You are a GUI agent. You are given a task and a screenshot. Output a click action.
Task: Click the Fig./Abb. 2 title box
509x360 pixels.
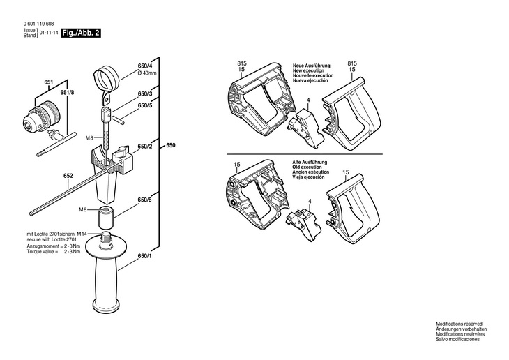[80, 33]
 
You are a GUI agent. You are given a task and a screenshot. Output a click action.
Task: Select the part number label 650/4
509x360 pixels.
[145, 67]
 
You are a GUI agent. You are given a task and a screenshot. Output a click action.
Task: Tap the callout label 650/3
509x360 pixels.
[145, 93]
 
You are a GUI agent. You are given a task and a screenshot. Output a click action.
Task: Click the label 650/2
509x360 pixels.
[145, 146]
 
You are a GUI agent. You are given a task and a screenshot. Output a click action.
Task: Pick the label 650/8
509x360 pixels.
[145, 200]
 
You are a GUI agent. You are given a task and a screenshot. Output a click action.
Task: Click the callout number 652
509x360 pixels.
[68, 176]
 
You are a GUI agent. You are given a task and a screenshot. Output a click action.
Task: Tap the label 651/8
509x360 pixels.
[67, 92]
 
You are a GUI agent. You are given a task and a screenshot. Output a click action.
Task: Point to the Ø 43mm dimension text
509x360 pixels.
[149, 73]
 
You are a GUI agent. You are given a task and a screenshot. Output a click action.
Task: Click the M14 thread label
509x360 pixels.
[82, 234]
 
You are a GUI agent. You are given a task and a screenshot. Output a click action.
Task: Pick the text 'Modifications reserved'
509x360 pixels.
[459, 324]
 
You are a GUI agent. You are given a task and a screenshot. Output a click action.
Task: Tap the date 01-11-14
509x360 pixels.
[49, 33]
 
